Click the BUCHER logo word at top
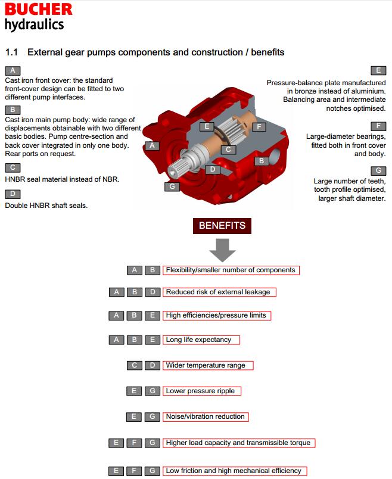pyautogui.click(x=39, y=9)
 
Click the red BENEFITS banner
pyautogui.click(x=222, y=226)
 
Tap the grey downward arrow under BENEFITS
pyautogui.click(x=222, y=250)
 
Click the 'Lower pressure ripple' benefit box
pyautogui.click(x=200, y=391)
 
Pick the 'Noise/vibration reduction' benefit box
pyautogui.click(x=205, y=416)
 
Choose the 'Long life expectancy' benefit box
pyautogui.click(x=201, y=340)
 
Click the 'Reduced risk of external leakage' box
pyautogui.click(x=220, y=292)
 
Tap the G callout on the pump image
pyautogui.click(x=172, y=186)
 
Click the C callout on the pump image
pyautogui.click(x=228, y=150)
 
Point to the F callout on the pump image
pyautogui.click(x=259, y=127)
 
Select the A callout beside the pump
pyautogui.click(x=153, y=145)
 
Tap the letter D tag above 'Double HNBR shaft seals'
pyautogui.click(x=13, y=194)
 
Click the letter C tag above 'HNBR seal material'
pyautogui.click(x=13, y=167)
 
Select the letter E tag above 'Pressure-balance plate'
pyautogui.click(x=378, y=70)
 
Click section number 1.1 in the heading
pyautogui.click(x=12, y=52)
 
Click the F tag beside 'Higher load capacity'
pyautogui.click(x=135, y=443)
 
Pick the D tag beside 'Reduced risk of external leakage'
pyautogui.click(x=153, y=292)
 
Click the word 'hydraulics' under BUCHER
pyautogui.click(x=34, y=24)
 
